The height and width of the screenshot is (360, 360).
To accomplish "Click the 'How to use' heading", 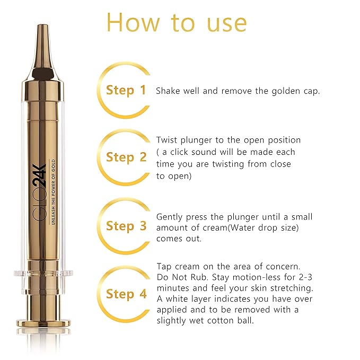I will [177, 22].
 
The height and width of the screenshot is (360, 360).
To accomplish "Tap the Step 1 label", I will [126, 90].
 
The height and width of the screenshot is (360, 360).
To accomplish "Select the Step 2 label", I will [126, 157].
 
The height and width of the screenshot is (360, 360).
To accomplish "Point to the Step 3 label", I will [126, 226].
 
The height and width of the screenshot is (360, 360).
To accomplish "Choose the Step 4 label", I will [126, 294].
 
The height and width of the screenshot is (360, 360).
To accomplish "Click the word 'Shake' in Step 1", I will [168, 91].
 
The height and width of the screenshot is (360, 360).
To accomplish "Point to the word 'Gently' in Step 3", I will [170, 217].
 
